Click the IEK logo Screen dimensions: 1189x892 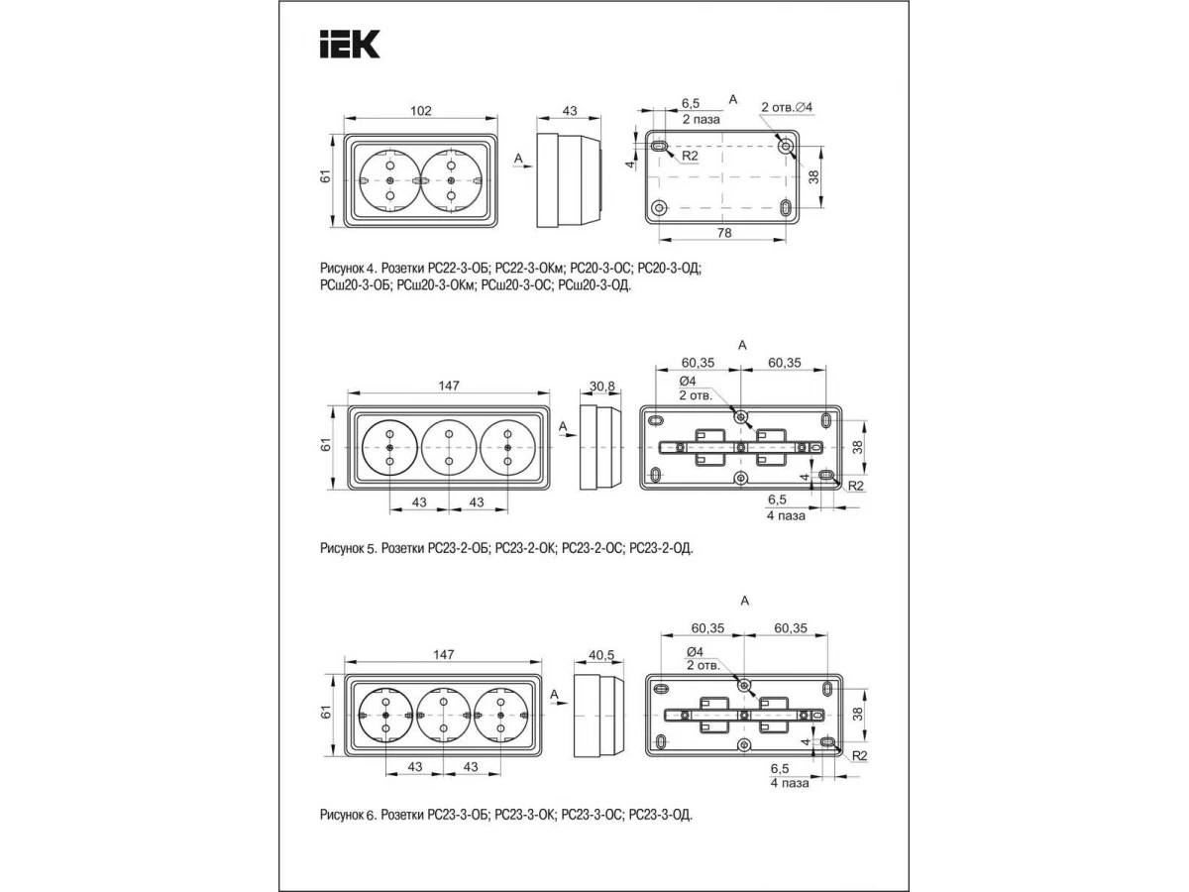tap(350, 44)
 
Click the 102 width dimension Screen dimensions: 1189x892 tap(420, 111)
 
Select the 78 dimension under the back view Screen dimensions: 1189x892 tap(723, 233)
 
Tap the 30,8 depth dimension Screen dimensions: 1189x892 tap(601, 387)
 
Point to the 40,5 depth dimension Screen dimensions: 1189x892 tap(601, 655)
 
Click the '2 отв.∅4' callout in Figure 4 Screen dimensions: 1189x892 tap(787, 107)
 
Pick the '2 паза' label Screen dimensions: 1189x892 tap(701, 120)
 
